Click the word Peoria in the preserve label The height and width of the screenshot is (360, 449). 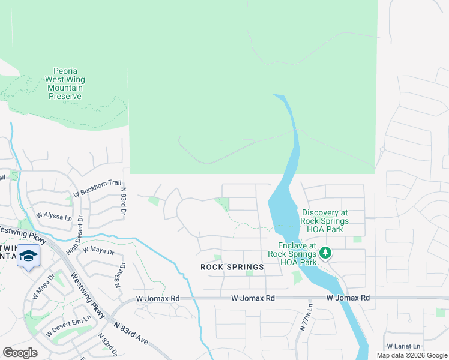click(x=65, y=71)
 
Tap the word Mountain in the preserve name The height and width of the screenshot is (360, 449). click(x=65, y=88)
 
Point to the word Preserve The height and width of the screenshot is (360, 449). click(x=65, y=96)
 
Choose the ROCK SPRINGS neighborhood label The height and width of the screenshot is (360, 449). click(x=232, y=267)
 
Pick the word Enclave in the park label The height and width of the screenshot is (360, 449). click(x=297, y=245)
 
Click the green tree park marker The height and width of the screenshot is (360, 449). click(x=325, y=253)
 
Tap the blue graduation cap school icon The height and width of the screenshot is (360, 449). click(x=28, y=256)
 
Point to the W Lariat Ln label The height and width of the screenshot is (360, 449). click(x=403, y=346)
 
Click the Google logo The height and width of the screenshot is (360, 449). click(x=20, y=353)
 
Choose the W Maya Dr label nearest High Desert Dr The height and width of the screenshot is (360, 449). click(x=98, y=251)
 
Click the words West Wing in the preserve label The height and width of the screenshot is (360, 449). click(x=65, y=79)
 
